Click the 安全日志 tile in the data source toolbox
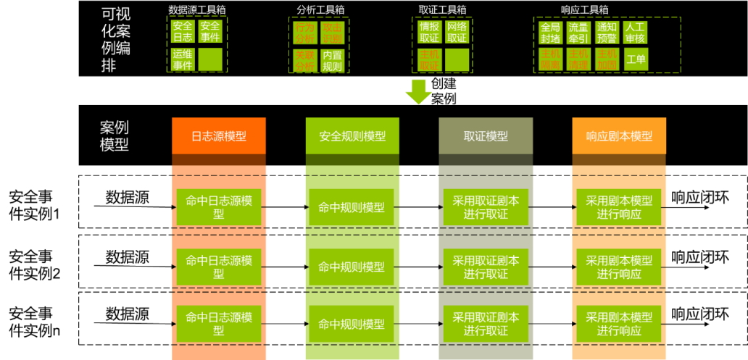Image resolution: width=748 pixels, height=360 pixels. (183, 32)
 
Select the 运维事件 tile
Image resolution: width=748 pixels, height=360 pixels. (183, 59)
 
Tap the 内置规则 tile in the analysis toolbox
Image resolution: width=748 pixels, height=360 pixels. (332, 61)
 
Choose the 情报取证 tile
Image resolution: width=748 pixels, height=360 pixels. (429, 32)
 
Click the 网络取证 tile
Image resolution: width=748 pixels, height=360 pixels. (457, 32)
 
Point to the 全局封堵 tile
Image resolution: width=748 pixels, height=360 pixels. (550, 33)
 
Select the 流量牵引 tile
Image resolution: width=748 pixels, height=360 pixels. (578, 33)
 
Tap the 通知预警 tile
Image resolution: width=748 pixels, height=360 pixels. (607, 33)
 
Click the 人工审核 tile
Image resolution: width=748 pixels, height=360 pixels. (635, 33)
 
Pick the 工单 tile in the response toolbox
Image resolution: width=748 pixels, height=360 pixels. (636, 59)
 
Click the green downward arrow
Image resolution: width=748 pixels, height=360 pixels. (418, 92)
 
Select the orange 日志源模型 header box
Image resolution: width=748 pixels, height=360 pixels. (218, 136)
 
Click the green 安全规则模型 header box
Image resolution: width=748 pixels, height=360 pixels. (352, 136)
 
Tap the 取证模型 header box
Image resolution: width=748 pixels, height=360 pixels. (486, 136)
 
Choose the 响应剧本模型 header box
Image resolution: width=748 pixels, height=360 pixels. (619, 136)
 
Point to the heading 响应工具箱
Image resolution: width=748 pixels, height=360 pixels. (584, 9)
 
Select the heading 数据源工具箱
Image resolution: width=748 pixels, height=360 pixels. (196, 9)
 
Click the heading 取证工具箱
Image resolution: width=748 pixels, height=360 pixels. (442, 9)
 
